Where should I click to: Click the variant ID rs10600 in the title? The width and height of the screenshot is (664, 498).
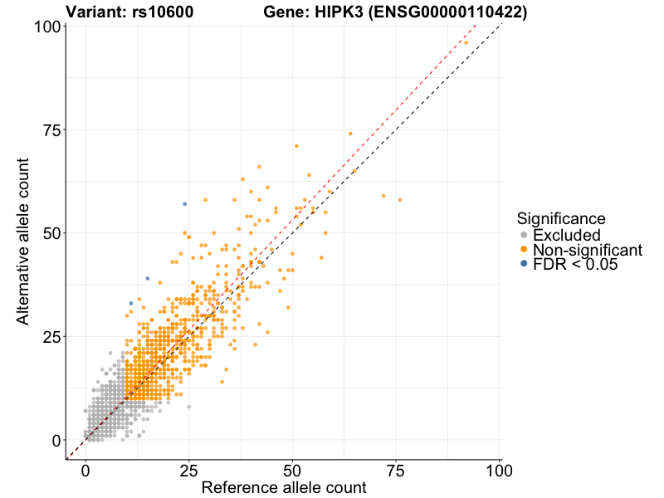(169, 12)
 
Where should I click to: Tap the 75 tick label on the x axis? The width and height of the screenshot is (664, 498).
(395, 470)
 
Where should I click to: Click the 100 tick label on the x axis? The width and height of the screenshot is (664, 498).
(499, 470)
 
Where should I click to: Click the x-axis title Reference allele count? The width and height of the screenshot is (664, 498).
(283, 488)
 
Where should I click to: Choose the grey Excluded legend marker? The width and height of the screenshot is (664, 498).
(523, 235)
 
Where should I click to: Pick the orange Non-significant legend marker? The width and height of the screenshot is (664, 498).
(523, 250)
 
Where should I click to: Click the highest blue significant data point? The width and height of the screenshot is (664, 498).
(184, 203)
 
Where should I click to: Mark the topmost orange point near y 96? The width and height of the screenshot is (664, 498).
(466, 42)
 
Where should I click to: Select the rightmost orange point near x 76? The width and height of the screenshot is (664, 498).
(399, 200)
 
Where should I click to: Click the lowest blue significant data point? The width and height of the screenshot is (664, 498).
(131, 303)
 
